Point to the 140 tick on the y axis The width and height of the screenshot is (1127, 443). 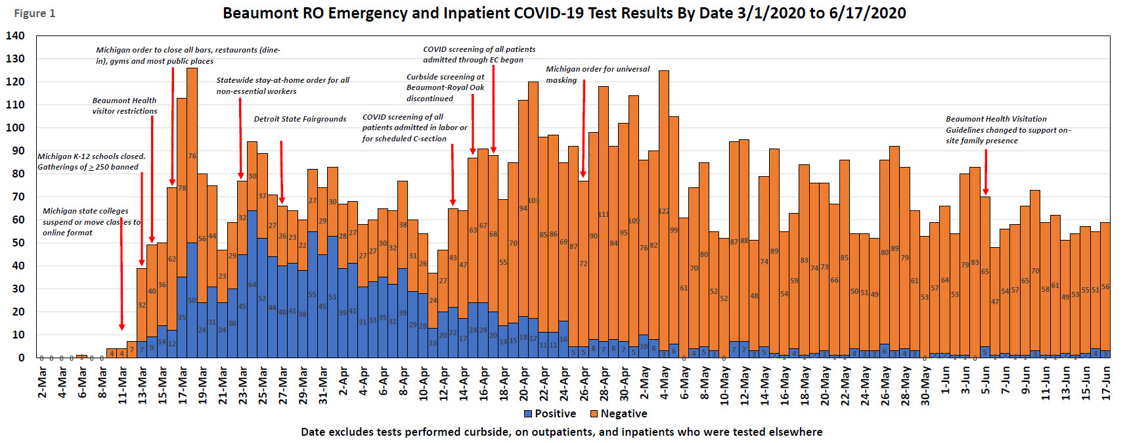click(x=16, y=35)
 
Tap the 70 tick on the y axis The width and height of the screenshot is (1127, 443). click(x=18, y=197)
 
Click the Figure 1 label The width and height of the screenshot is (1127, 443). click(x=34, y=13)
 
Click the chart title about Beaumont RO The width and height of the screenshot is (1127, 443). click(x=564, y=13)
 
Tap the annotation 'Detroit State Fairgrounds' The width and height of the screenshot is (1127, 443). click(x=300, y=119)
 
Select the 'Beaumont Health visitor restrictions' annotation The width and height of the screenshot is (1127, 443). click(x=125, y=106)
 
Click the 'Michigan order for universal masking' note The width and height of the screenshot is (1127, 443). click(x=598, y=74)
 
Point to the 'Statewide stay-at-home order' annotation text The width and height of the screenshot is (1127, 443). click(x=283, y=85)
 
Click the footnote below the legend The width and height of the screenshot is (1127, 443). click(x=562, y=432)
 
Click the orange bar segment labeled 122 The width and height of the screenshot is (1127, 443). click(x=664, y=210)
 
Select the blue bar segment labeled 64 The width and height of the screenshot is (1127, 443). click(x=252, y=284)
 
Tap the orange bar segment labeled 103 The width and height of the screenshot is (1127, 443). click(x=533, y=200)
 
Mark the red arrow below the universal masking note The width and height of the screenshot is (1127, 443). click(x=584, y=128)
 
